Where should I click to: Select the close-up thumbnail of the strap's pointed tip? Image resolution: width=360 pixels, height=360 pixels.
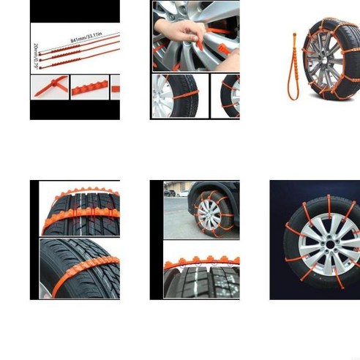[x=48, y=88]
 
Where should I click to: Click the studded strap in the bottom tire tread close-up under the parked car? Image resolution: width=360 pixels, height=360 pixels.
[x=201, y=264]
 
